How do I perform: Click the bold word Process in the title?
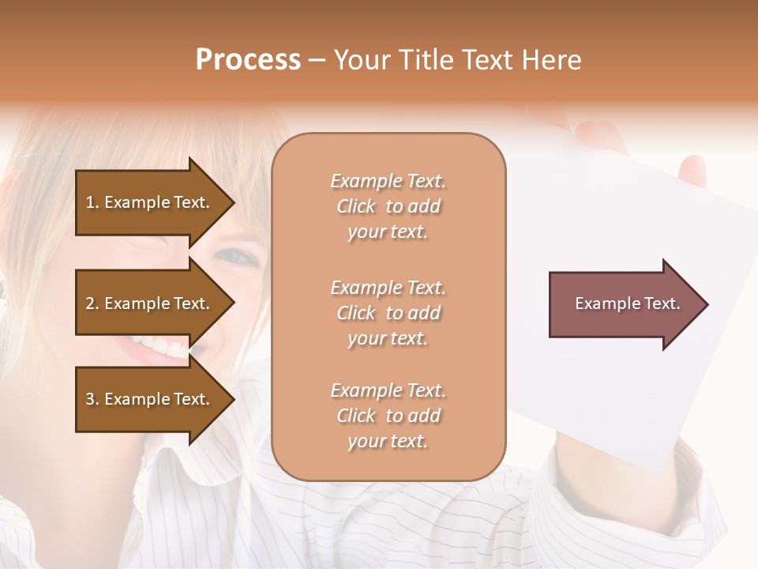[248, 60]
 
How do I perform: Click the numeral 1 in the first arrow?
[90, 202]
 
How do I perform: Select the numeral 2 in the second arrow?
[90, 303]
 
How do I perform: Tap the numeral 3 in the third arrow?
[90, 399]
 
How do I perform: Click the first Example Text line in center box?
[388, 181]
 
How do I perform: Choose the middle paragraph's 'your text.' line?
[388, 338]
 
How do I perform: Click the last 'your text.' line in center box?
[388, 441]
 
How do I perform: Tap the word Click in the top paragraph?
[356, 206]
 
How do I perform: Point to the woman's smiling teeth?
[159, 346]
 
